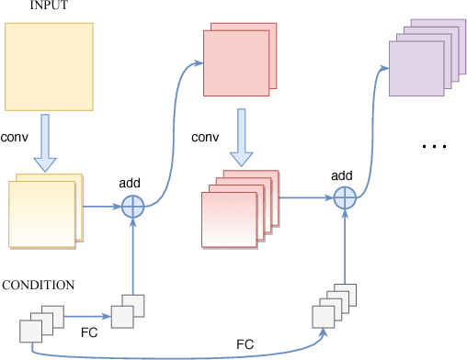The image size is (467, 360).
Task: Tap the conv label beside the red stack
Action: click(205, 138)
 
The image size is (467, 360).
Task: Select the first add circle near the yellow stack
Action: click(134, 206)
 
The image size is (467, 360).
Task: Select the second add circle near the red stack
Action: click(344, 197)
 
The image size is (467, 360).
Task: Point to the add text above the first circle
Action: click(130, 183)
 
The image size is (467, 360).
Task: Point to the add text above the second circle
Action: click(342, 174)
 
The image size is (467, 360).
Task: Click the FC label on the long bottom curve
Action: click(245, 343)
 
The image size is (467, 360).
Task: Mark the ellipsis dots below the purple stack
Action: click(433, 146)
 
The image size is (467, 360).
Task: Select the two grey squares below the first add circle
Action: click(128, 311)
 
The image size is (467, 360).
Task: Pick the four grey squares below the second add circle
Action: click(334, 304)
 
